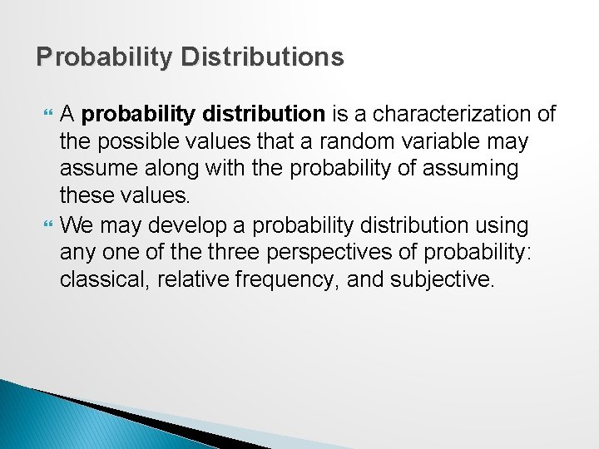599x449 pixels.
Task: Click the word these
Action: tap(87, 197)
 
